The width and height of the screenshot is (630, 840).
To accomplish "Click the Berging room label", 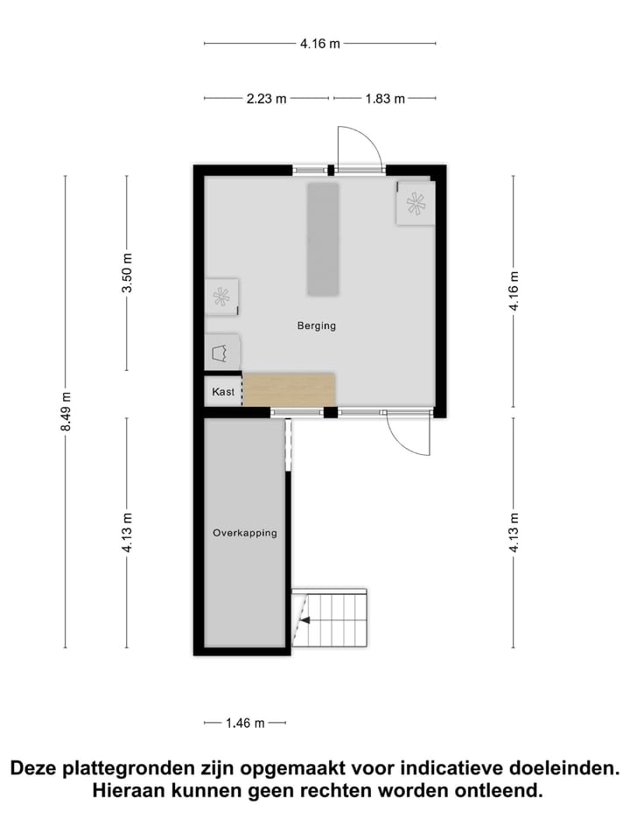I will point(316,325).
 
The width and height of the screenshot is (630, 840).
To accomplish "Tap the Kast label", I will point(223,393).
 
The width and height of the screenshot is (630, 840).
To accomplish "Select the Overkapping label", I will point(245,533).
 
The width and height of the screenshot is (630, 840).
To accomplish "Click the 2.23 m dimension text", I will point(267,99).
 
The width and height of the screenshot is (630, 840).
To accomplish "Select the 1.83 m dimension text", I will point(385,99).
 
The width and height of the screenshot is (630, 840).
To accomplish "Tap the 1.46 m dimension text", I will point(245,723).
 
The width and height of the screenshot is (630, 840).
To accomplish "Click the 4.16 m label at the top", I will point(319,43).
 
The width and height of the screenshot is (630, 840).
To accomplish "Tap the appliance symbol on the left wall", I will point(221,297).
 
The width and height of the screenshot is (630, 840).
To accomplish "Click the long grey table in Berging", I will point(322,239).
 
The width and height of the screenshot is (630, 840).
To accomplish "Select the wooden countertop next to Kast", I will point(289,388).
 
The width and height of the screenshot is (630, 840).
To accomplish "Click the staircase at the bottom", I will point(331,618).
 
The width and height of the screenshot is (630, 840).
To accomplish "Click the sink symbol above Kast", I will point(222,353).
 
